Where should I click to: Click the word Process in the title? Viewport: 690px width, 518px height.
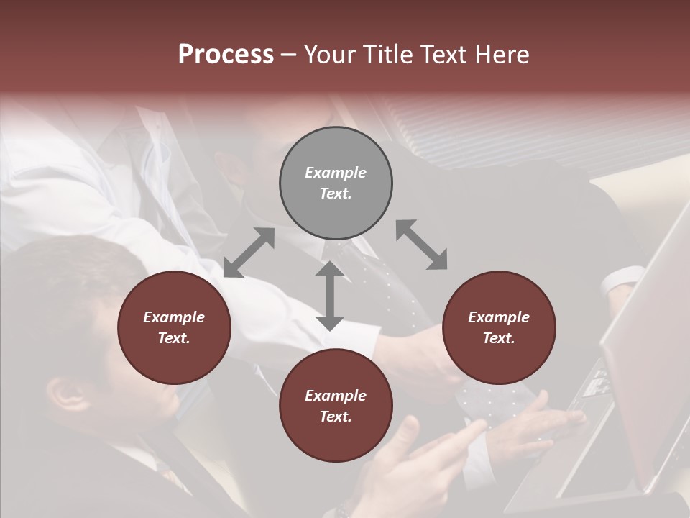coord(226,55)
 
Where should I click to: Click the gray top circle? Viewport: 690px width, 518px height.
coord(336,183)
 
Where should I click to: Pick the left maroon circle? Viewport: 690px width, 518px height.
coord(174,327)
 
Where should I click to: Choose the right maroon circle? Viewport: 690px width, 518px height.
coord(498,327)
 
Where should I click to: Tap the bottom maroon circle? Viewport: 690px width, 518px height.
coord(336,405)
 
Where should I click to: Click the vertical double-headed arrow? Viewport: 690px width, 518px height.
coord(330,296)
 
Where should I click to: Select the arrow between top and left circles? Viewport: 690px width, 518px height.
coord(249,253)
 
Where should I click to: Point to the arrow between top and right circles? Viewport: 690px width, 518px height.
coord(421,245)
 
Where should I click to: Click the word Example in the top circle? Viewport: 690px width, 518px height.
coord(336,173)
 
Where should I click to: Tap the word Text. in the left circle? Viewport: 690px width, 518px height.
coord(174,338)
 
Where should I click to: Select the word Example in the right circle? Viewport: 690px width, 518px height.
coord(498,317)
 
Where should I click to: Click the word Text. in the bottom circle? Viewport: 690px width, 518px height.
coord(336,417)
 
